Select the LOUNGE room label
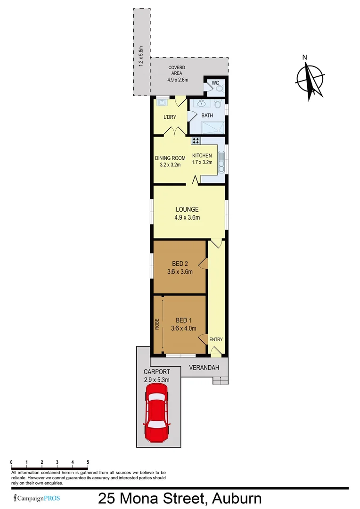point(187,209)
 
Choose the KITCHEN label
point(202,156)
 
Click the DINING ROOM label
point(170,158)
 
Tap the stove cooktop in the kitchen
point(196,140)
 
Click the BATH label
point(207,115)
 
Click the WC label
point(215,83)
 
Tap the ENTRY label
point(216,340)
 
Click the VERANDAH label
point(205,367)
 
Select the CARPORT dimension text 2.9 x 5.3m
point(156,379)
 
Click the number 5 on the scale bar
point(88,462)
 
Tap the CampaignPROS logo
point(37,498)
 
